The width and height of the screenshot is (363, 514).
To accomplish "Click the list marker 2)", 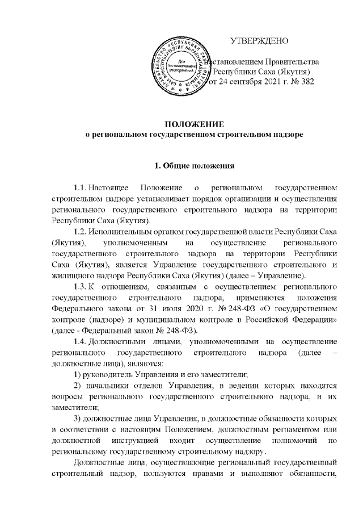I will point(79,388).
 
